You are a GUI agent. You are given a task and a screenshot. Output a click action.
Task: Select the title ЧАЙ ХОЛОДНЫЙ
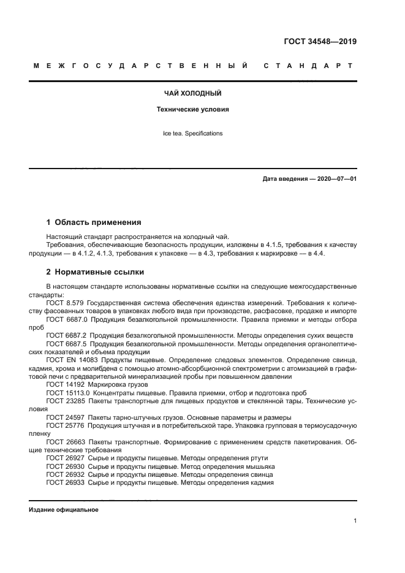click(192, 94)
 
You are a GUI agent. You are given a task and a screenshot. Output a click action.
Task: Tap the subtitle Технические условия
click(192, 110)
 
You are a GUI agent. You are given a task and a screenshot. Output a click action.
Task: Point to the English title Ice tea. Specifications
click(192, 133)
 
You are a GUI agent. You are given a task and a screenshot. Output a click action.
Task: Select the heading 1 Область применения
click(94, 222)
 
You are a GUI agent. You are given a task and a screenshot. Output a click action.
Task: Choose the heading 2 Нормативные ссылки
click(96, 271)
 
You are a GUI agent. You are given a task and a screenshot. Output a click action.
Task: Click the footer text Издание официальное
click(64, 510)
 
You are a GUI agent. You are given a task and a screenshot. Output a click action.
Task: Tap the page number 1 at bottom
click(355, 521)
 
